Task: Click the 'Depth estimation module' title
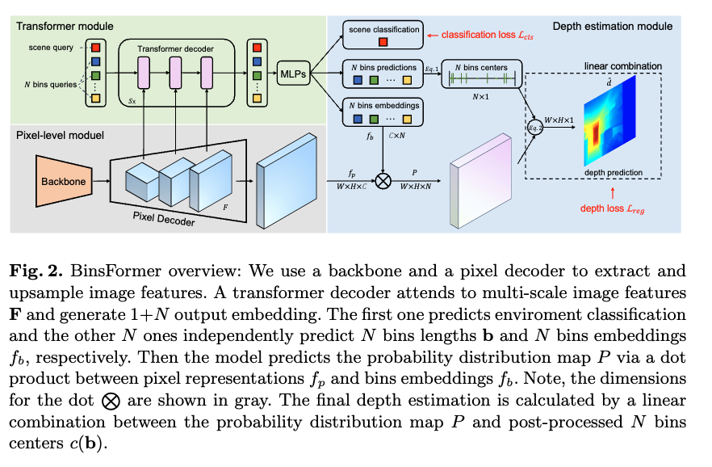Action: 612,27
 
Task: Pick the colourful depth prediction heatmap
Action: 604,122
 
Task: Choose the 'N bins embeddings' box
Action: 383,113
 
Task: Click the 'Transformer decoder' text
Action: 177,49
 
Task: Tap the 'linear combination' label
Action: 623,65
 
